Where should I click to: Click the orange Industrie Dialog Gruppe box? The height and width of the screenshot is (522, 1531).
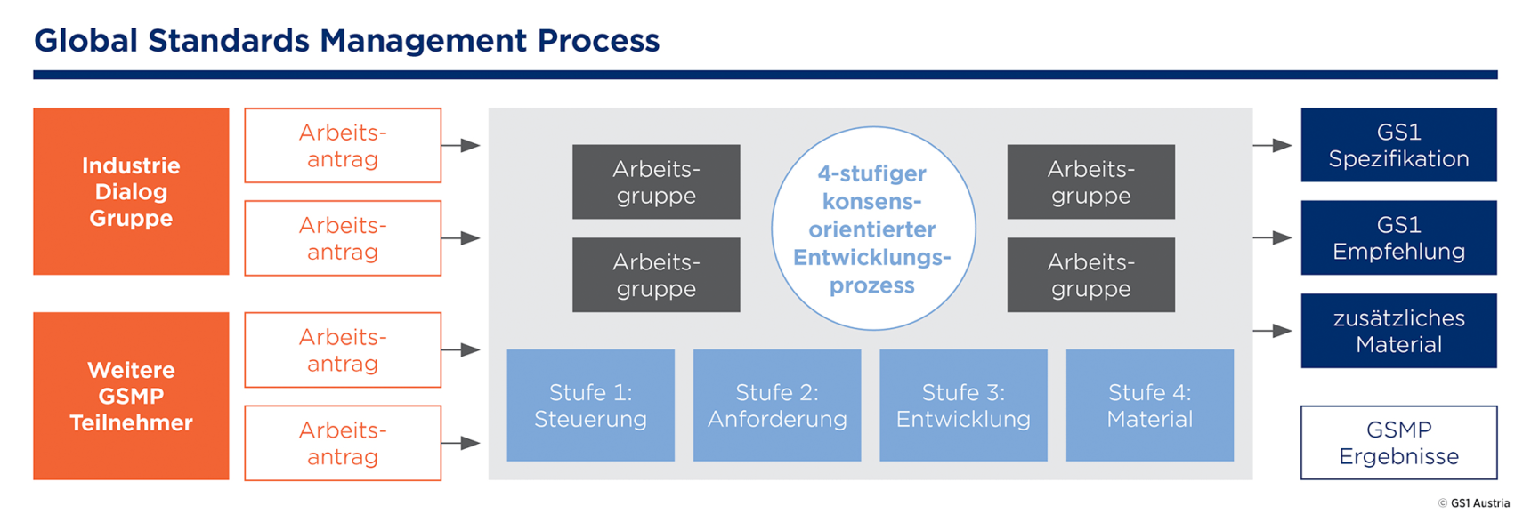click(131, 191)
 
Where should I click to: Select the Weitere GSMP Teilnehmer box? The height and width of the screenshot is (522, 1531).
click(131, 396)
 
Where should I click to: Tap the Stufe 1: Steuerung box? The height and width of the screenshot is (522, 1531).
click(590, 406)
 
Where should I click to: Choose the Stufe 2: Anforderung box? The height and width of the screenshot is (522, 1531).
click(777, 406)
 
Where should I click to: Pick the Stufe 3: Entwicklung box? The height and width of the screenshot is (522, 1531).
click(963, 406)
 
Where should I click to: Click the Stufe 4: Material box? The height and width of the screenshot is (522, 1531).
click(1149, 406)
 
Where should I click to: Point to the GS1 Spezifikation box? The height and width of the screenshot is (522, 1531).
click(1398, 145)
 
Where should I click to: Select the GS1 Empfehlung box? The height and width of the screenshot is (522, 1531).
click(1398, 237)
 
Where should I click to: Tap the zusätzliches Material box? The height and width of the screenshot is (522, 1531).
click(1398, 331)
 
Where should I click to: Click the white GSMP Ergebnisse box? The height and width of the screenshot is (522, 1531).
click(1398, 443)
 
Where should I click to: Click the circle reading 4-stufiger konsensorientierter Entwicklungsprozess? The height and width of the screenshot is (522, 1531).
click(873, 229)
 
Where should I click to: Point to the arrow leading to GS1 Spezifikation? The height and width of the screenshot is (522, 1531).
click(1272, 145)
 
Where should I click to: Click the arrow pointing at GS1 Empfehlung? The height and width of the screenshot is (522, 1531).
click(1272, 237)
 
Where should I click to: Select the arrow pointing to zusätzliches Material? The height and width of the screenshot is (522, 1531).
click(1272, 331)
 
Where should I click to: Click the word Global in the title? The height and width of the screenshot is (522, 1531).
click(85, 41)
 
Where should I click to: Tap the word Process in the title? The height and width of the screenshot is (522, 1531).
click(598, 41)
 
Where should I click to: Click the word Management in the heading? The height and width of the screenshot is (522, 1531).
click(423, 41)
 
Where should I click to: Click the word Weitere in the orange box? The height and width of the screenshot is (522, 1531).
click(131, 370)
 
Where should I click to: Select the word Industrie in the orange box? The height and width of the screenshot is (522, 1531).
click(131, 165)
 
